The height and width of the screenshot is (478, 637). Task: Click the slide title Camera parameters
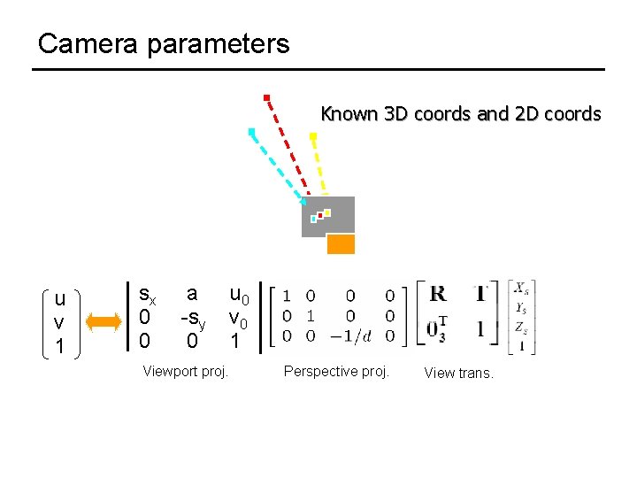click(x=164, y=43)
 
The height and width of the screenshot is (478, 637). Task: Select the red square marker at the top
click(x=266, y=97)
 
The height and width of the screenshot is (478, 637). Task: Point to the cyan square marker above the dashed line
click(x=252, y=132)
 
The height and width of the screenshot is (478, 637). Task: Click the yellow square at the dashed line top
click(x=313, y=136)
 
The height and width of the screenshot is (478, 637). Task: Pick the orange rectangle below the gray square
click(x=341, y=243)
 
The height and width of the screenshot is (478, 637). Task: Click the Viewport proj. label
click(x=186, y=371)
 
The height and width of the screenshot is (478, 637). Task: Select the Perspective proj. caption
click(x=336, y=371)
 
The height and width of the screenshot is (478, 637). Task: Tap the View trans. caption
click(x=458, y=373)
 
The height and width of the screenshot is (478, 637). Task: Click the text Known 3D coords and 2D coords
click(x=460, y=114)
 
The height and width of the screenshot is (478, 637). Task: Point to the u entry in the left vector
click(x=59, y=299)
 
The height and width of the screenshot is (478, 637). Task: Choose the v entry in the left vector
click(x=59, y=322)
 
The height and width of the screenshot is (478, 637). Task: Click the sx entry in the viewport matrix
click(x=148, y=294)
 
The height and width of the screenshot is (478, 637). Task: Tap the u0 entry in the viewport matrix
click(x=239, y=294)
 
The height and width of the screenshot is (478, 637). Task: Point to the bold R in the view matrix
click(x=437, y=294)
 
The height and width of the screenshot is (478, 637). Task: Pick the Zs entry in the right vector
click(x=522, y=328)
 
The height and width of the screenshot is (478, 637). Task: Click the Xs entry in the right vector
click(x=522, y=289)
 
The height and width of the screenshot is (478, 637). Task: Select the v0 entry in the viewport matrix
click(x=238, y=317)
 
